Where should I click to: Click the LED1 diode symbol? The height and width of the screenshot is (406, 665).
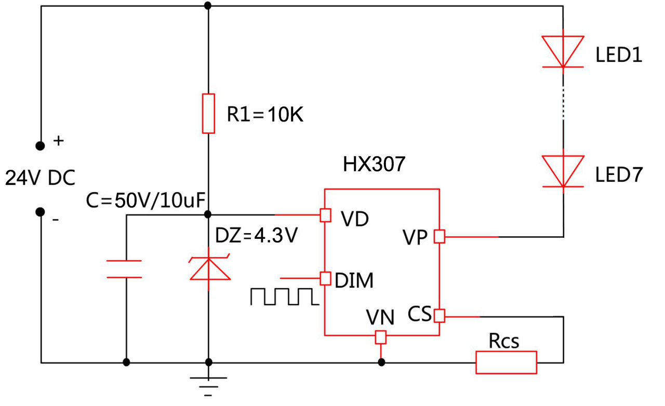563,51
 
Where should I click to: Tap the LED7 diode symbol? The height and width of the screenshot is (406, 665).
563,171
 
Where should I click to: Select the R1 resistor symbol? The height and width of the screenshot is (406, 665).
208,114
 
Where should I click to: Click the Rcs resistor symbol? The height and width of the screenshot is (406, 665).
506,362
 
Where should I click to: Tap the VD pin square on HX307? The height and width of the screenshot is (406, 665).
325,214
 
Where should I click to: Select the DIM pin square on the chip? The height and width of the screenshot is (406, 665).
325,278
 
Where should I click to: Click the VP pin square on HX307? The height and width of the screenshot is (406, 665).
440,237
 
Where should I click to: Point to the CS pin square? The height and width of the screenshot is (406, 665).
440,315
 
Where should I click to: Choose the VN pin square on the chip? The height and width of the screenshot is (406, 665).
381,337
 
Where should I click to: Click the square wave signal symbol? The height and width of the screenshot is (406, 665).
283,296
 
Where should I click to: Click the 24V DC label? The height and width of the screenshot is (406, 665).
40,178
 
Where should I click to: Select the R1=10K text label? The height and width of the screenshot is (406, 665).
265,115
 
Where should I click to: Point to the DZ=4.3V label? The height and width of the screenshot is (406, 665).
256,236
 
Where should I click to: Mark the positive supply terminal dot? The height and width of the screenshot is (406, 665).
40,146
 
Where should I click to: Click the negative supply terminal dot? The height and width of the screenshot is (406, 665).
40,212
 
